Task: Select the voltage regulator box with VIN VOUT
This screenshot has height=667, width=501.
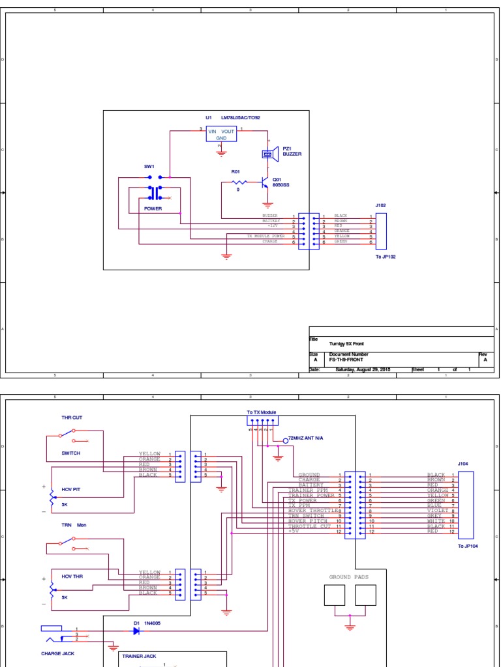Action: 221,134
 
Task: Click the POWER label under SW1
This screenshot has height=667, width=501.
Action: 153,209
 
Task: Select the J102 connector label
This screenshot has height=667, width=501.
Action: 380,205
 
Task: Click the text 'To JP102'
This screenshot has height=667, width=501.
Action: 385,257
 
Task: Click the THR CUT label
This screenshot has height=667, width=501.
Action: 72,418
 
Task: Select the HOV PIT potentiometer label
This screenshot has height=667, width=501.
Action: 71,489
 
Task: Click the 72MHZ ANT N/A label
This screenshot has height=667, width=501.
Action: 306,440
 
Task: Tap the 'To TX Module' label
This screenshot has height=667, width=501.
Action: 262,412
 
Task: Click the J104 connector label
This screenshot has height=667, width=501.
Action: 463,464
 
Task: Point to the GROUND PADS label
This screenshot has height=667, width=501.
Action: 349,577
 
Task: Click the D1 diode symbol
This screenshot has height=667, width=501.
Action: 135,631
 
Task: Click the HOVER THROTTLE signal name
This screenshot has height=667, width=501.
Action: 312,510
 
